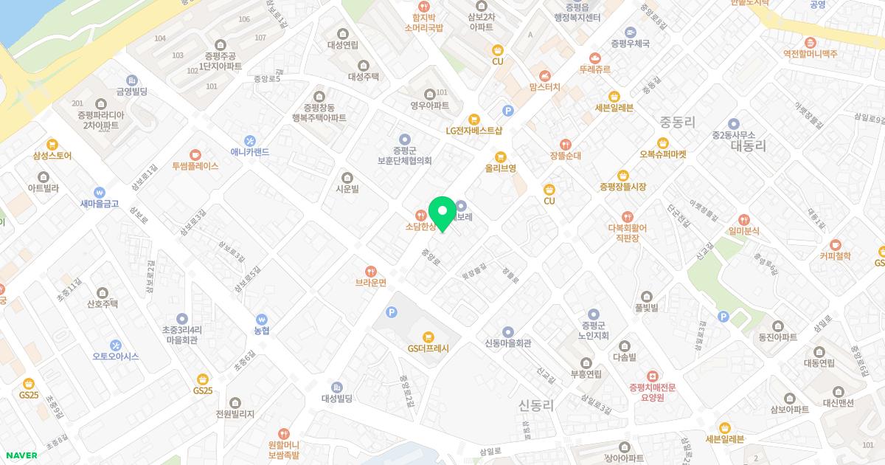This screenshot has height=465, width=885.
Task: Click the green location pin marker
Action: point(442,214)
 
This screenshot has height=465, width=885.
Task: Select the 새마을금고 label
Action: point(100,204)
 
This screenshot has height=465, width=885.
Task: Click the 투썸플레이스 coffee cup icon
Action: point(195,154)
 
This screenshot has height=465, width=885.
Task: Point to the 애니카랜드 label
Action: point(250,152)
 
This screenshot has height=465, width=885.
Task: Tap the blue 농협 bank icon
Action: point(262,320)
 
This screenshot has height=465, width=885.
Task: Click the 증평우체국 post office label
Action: point(630,44)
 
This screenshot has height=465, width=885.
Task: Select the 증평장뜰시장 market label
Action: point(623,187)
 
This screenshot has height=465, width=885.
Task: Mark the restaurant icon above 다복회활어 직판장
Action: point(627,216)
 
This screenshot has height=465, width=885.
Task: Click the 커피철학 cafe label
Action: point(835,256)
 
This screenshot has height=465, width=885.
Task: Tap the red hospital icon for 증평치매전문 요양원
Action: point(652,376)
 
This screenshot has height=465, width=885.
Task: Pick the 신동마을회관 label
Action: point(508,343)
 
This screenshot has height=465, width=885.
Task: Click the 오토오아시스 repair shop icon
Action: point(116,345)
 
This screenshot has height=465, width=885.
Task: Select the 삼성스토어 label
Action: point(52,156)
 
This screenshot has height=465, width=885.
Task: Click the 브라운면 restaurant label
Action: point(371,283)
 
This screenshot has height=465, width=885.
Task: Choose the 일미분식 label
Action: point(743,231)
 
